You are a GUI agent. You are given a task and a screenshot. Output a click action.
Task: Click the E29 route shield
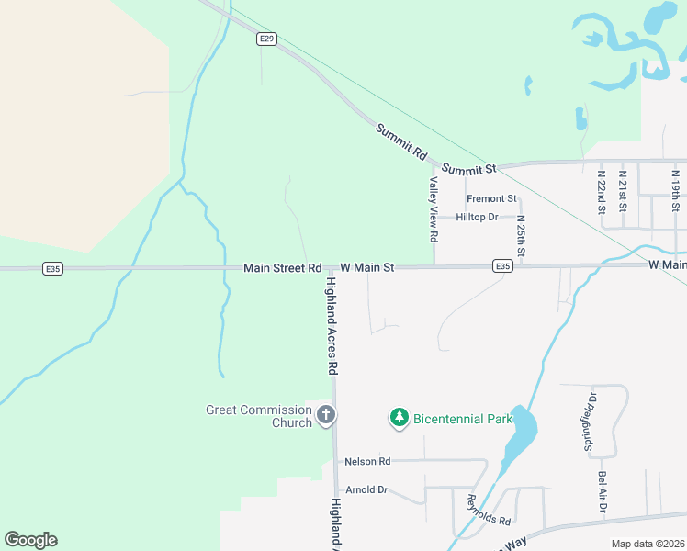point(266,39)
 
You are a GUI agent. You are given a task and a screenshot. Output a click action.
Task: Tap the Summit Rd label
point(401,142)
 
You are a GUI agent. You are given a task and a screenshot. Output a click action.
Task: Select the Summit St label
point(468,169)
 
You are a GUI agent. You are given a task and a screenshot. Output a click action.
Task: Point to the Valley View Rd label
point(433,209)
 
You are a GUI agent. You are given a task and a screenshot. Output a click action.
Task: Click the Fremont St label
point(491,198)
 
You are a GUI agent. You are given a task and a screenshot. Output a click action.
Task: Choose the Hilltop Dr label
point(477,218)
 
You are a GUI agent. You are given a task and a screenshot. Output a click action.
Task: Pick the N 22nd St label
point(602,192)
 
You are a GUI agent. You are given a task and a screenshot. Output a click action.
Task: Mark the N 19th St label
point(675,190)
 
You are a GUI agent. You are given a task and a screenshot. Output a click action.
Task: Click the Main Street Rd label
point(282,268)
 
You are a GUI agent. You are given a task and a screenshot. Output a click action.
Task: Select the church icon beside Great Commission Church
point(325,416)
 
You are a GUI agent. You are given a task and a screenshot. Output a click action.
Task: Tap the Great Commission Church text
point(259,416)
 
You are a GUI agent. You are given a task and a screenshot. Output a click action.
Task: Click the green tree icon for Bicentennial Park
point(399,419)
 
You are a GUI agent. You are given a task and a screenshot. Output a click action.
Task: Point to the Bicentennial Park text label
point(462,419)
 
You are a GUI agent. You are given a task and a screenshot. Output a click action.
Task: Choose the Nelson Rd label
point(367,461)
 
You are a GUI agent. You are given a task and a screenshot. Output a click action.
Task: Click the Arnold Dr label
point(366,489)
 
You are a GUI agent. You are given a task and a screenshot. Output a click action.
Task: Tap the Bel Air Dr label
point(603,493)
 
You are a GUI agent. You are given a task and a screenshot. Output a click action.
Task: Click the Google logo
point(30,540)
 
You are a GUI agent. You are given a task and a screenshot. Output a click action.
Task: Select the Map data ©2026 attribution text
point(648,544)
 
